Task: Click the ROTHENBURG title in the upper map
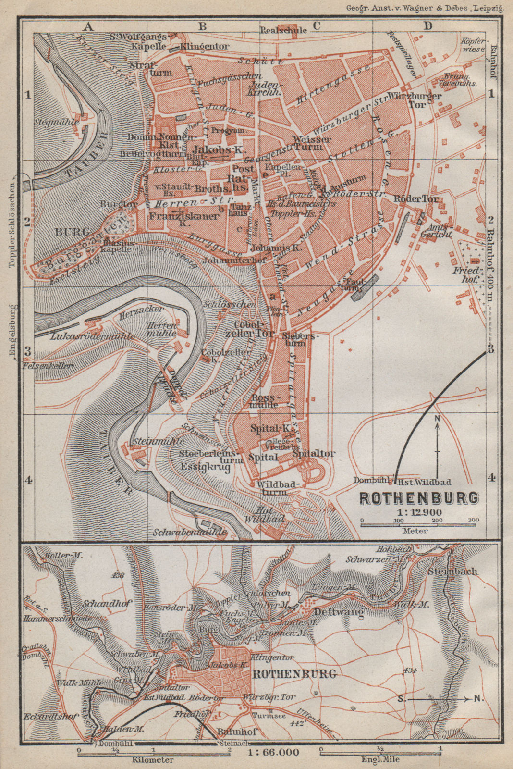419,497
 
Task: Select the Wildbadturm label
271,487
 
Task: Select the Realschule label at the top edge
283,30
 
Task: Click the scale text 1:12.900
419,512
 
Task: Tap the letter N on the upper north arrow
437,419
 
